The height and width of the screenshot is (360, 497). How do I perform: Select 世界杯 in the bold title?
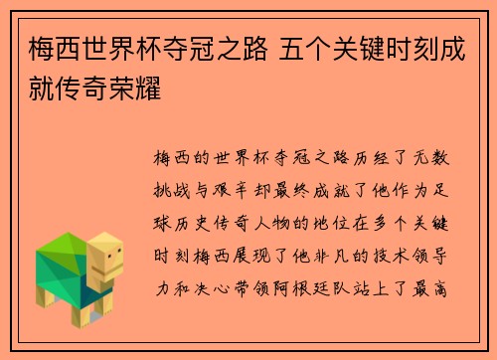pyautogui.click(x=114, y=48)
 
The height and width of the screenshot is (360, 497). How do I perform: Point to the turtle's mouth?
pyautogui.click(x=114, y=271)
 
